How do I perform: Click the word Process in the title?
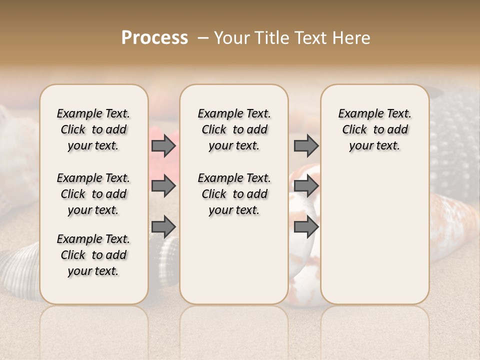pyautogui.click(x=154, y=37)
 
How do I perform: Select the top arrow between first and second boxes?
pyautogui.click(x=163, y=146)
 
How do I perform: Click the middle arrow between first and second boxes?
pyautogui.click(x=163, y=186)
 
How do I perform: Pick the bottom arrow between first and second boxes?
pyautogui.click(x=163, y=227)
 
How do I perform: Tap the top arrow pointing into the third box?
pyautogui.click(x=306, y=146)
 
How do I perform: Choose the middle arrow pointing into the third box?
pyautogui.click(x=306, y=186)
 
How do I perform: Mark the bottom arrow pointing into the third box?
pyautogui.click(x=306, y=227)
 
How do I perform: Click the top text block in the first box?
pyautogui.click(x=93, y=129)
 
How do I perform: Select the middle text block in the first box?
pyautogui.click(x=93, y=194)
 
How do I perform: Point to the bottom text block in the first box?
pyautogui.click(x=93, y=255)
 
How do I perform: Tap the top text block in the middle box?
pyautogui.click(x=234, y=129)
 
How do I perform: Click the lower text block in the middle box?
pyautogui.click(x=234, y=194)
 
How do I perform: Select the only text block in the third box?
pyautogui.click(x=374, y=129)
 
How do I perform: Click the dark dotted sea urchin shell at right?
pyautogui.click(x=452, y=150)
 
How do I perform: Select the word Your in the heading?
pyautogui.click(x=229, y=37)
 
